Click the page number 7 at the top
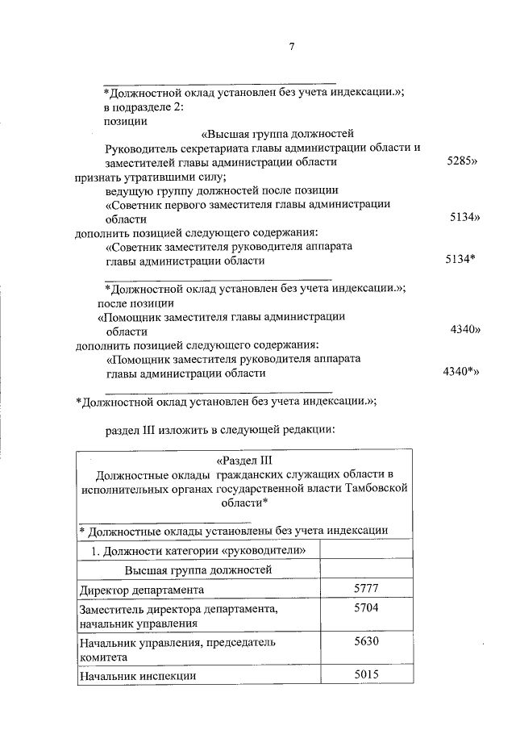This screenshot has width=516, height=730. (x=292, y=47)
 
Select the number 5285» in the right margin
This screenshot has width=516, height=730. (x=463, y=162)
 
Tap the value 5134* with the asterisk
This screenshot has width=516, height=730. (x=460, y=260)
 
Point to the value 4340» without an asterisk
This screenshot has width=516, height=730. (x=464, y=330)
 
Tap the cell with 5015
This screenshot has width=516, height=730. (x=366, y=675)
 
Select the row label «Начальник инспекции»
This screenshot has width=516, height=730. (x=137, y=676)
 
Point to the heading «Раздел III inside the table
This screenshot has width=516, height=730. (x=246, y=460)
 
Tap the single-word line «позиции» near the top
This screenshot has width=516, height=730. (x=126, y=121)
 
